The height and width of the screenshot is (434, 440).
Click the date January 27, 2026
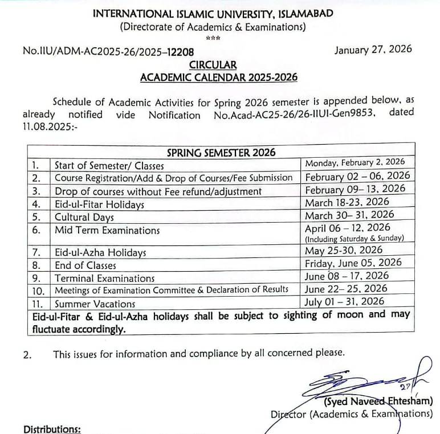[373, 50]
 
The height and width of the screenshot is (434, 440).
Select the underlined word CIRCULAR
[216, 65]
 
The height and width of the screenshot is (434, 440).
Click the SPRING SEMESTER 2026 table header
[221, 152]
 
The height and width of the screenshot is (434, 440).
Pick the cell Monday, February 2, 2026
[355, 163]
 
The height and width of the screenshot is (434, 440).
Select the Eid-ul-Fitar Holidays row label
[99, 204]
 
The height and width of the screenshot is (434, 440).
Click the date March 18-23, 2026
[347, 202]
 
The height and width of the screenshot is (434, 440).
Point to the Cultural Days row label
[84, 217]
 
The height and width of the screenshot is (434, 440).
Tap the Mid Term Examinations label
[107, 230]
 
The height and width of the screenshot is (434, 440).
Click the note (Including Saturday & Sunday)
[355, 239]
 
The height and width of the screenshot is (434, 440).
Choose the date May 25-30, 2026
[344, 251]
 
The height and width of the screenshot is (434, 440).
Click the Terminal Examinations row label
[104, 279]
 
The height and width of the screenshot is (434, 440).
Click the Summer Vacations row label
[95, 304]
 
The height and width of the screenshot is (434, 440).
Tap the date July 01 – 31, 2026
[345, 302]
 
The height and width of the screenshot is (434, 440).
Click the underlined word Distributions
[52, 429]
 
